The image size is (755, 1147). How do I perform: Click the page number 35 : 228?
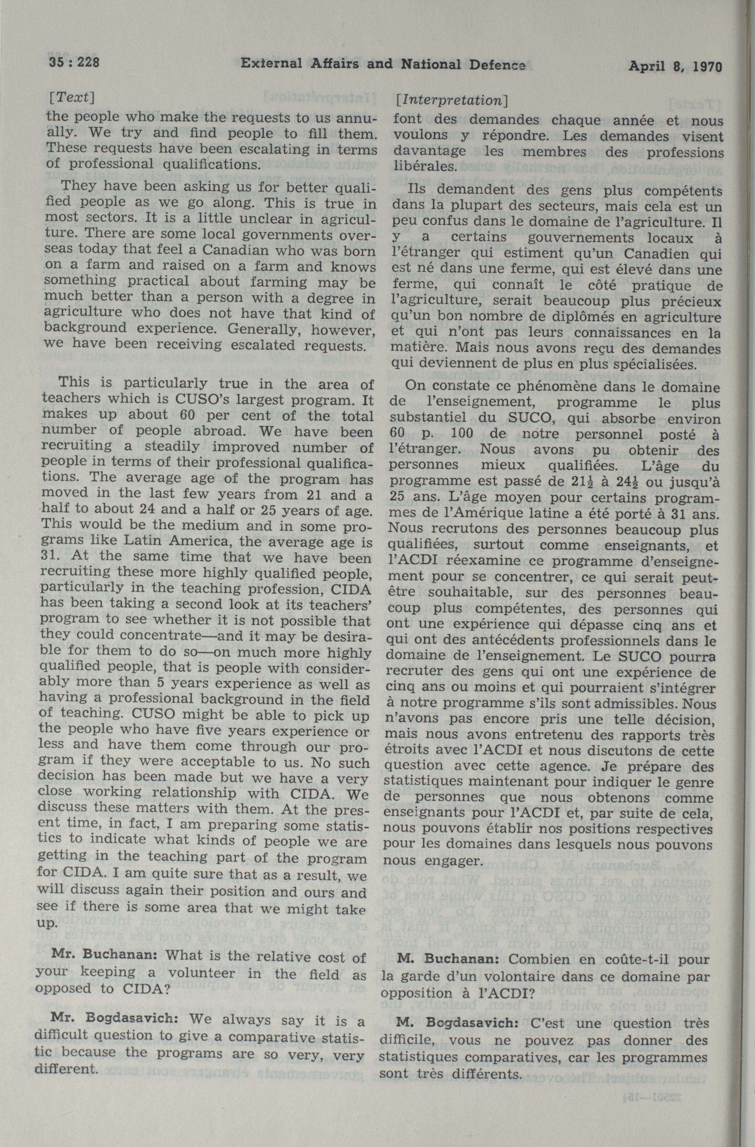tap(74, 63)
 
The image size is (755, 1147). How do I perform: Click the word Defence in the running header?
tap(498, 64)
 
